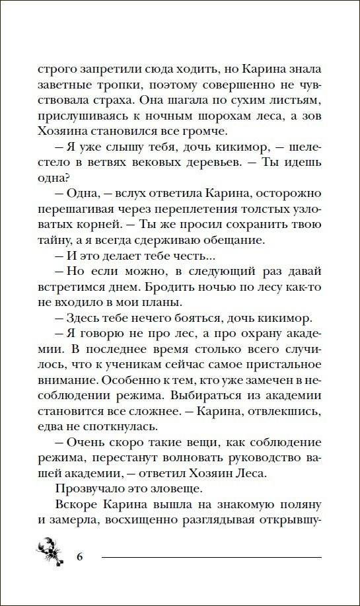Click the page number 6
[x=80, y=554]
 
